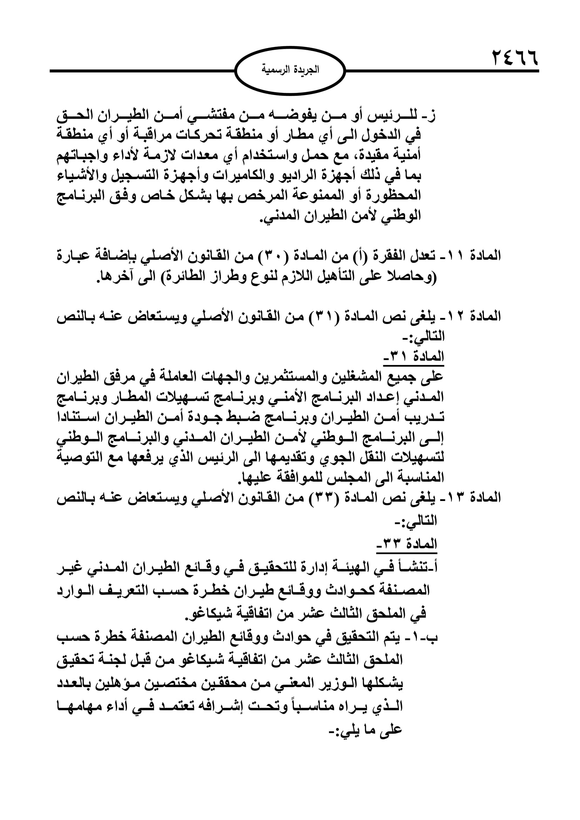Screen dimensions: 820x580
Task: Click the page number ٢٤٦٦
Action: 515,58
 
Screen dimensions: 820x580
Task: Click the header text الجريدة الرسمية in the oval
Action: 290,69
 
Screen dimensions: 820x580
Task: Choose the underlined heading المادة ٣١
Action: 413,356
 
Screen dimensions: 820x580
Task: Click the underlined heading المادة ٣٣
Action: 407,544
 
